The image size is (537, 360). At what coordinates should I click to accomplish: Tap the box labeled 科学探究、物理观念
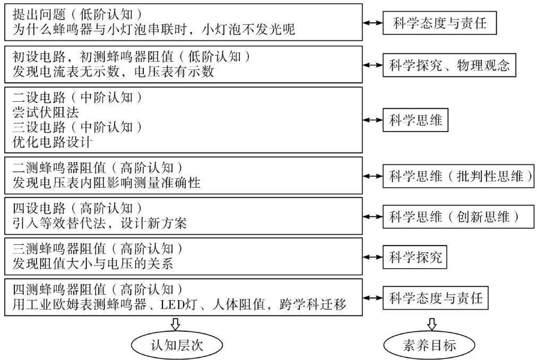(449, 65)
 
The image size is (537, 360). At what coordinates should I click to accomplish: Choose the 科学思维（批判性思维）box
(458, 176)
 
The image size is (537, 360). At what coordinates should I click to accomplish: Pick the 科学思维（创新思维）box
(458, 217)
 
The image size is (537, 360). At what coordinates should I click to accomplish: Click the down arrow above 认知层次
(175, 324)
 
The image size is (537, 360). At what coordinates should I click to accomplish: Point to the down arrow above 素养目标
(432, 324)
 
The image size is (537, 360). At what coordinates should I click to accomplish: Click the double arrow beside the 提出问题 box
(373, 23)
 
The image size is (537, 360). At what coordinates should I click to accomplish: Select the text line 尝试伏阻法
(46, 112)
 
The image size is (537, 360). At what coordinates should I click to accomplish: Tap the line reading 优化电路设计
(53, 142)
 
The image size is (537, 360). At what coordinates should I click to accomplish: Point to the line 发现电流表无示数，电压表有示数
(114, 72)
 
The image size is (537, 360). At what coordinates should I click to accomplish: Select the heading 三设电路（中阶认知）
(77, 127)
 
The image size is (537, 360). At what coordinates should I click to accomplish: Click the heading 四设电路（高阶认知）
(77, 208)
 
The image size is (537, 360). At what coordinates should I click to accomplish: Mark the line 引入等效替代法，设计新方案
(100, 223)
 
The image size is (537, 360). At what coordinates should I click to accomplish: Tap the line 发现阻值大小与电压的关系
(93, 264)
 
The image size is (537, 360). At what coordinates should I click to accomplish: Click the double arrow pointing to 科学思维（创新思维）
(373, 217)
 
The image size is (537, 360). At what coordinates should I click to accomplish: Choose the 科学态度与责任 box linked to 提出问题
(439, 23)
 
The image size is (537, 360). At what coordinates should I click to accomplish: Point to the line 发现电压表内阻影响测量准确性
(107, 182)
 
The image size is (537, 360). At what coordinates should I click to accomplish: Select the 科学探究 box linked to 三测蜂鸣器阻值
(415, 257)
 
